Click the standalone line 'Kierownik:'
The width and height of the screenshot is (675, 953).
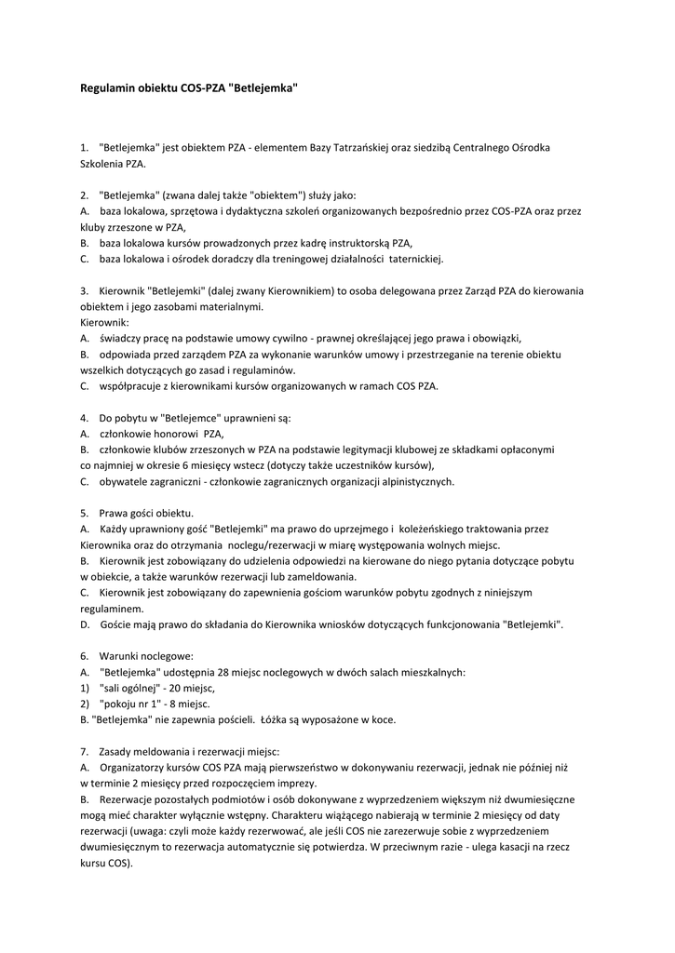tap(105, 322)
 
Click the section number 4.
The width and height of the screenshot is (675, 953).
tap(84, 417)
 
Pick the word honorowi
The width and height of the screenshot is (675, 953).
tap(175, 433)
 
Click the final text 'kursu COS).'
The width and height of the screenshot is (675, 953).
tap(106, 863)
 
